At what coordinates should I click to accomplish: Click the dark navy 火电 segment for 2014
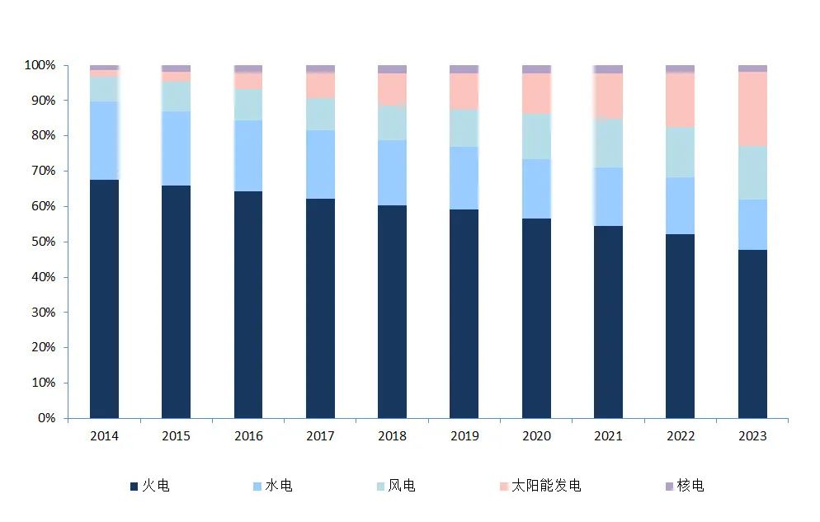click(x=104, y=299)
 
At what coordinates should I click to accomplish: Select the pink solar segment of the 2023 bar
click(x=752, y=109)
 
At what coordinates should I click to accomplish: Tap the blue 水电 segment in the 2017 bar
click(x=320, y=164)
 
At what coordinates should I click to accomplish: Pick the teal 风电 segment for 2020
click(x=536, y=136)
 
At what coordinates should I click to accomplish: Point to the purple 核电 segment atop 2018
click(x=392, y=69)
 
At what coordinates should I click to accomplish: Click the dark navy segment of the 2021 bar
click(x=608, y=322)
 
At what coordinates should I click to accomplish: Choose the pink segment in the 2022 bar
click(x=681, y=100)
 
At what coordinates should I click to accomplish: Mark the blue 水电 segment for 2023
click(x=752, y=224)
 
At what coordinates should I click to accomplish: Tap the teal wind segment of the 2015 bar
click(x=177, y=96)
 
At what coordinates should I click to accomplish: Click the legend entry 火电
click(x=149, y=486)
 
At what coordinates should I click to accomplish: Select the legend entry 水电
click(x=272, y=486)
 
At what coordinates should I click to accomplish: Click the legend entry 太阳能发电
click(x=540, y=486)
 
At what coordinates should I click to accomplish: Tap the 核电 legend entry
click(x=685, y=486)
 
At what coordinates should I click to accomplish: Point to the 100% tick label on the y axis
click(x=40, y=65)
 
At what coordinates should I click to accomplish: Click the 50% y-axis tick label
click(x=44, y=242)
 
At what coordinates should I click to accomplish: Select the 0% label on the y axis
click(x=46, y=418)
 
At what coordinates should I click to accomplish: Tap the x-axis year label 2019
click(x=464, y=435)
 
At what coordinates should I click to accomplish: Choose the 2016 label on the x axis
click(x=248, y=435)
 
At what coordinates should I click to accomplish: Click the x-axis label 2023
click(x=752, y=435)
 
